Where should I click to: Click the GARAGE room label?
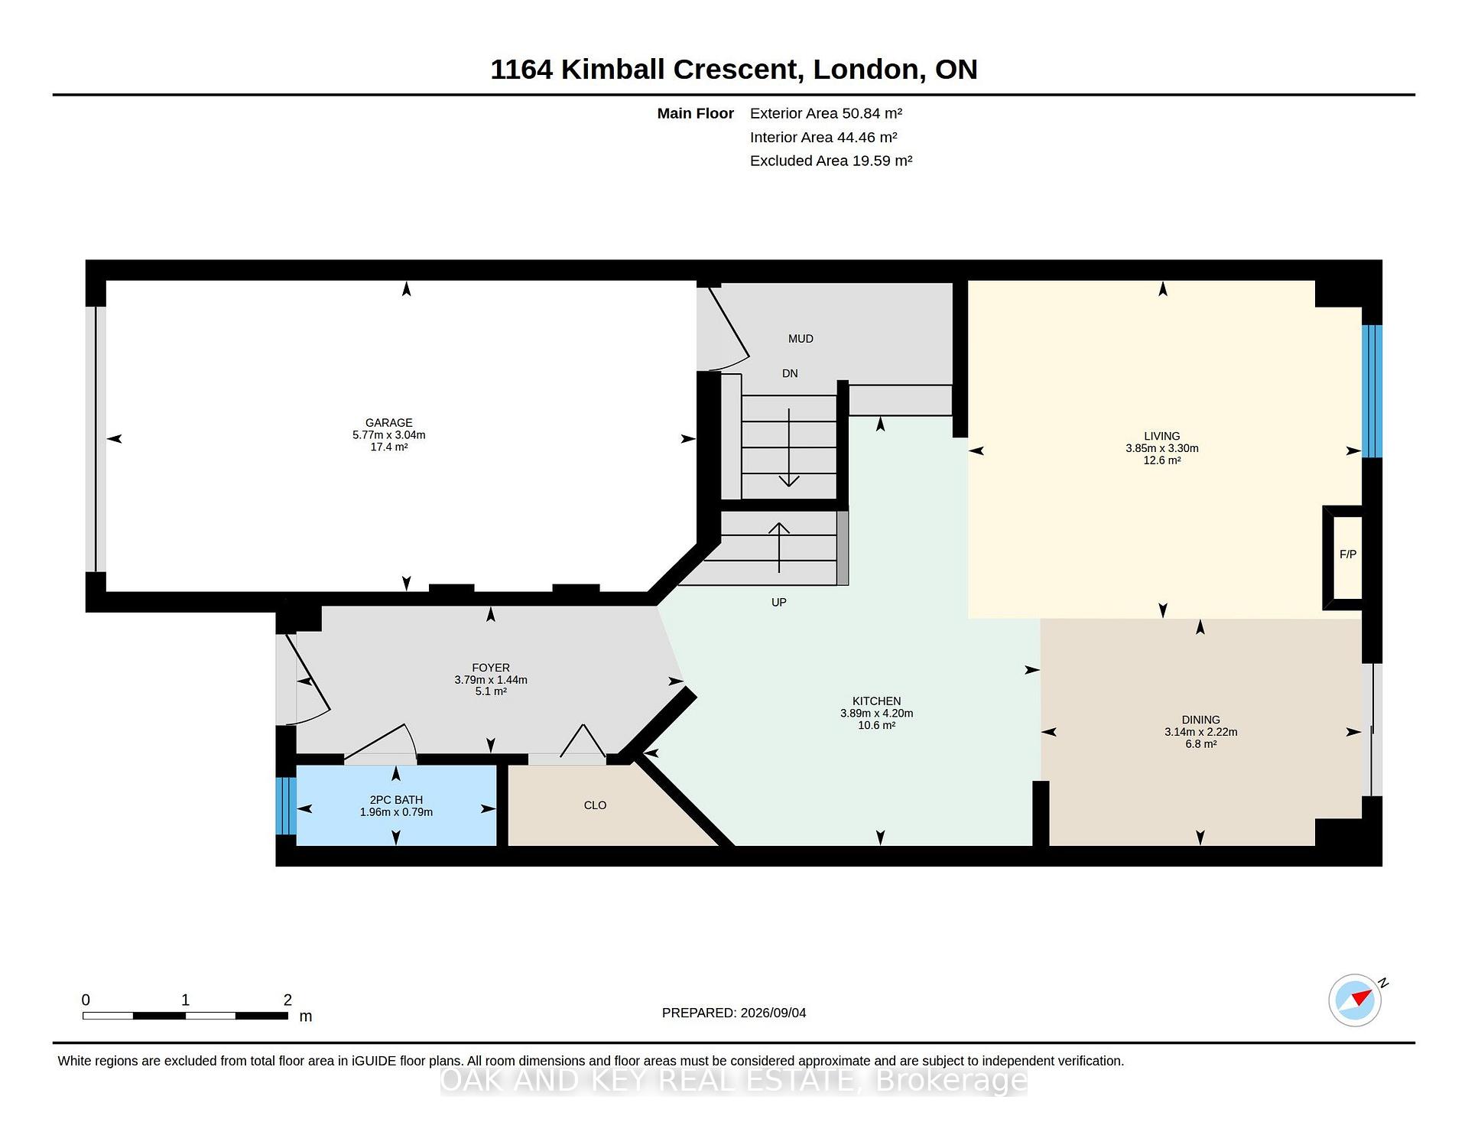click(388, 423)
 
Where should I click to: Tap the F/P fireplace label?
click(1348, 554)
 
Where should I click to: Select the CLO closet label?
click(595, 805)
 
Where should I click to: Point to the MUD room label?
click(801, 339)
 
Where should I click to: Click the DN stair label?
click(790, 374)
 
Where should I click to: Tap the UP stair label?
click(779, 603)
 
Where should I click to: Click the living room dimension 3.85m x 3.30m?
click(1162, 449)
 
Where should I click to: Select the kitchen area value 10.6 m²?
click(876, 725)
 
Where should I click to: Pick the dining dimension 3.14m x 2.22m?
click(1201, 732)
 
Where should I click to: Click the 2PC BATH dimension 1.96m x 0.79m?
click(396, 812)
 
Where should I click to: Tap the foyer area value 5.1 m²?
click(491, 691)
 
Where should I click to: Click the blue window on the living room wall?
click(1372, 392)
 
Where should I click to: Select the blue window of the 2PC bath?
click(286, 806)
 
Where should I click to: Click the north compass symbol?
click(1356, 1000)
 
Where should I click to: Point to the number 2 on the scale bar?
click(287, 1000)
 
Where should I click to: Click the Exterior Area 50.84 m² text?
click(826, 113)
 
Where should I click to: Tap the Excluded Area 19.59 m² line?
click(831, 161)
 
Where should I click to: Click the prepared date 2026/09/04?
click(773, 1013)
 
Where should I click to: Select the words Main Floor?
click(696, 113)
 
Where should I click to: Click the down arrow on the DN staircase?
click(789, 448)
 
